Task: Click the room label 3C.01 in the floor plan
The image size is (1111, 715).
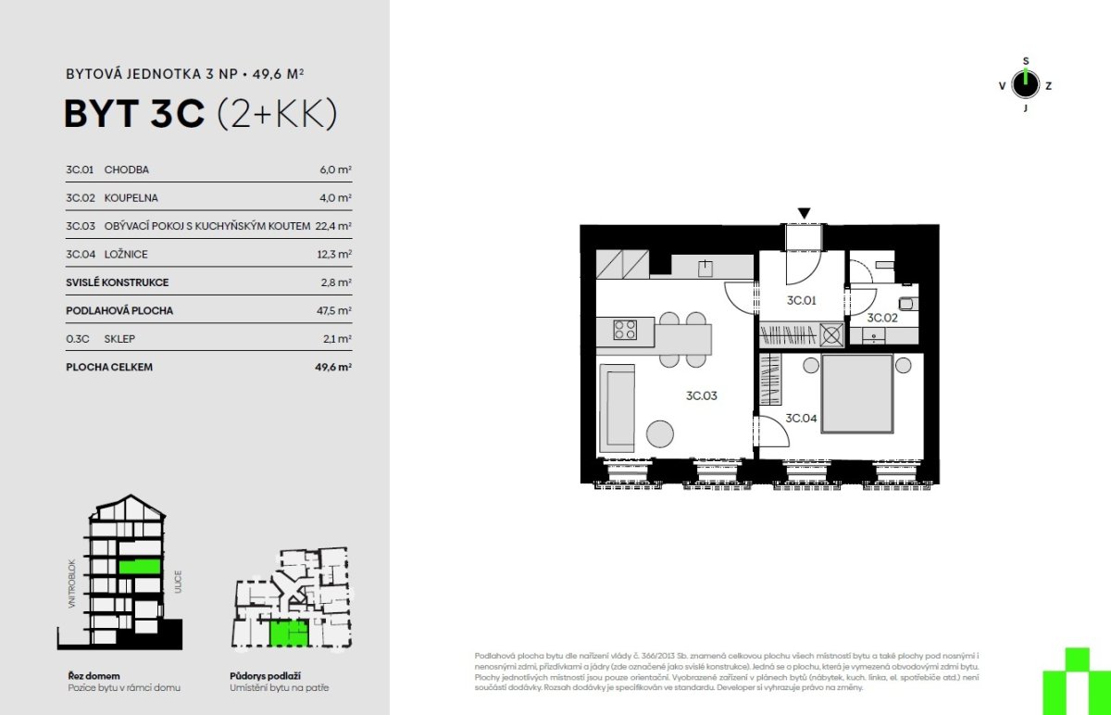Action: pyautogui.click(x=801, y=300)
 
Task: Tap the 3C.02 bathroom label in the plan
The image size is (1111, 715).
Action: pyautogui.click(x=881, y=318)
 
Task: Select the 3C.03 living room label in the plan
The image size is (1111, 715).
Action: pyautogui.click(x=702, y=395)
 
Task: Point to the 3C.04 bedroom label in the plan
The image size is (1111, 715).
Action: pyautogui.click(x=801, y=419)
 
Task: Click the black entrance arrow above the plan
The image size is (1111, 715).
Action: pyautogui.click(x=804, y=213)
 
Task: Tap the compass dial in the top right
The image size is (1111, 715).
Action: pyautogui.click(x=1025, y=84)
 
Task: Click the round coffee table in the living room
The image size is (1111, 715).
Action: pyautogui.click(x=659, y=434)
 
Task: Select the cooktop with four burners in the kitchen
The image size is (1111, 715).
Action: pyautogui.click(x=625, y=330)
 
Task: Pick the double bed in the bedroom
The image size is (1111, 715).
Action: pyautogui.click(x=857, y=394)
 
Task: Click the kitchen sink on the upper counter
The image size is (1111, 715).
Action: pyautogui.click(x=705, y=269)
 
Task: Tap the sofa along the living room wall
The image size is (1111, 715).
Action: pyautogui.click(x=617, y=408)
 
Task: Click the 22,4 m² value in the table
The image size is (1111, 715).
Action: pyautogui.click(x=333, y=226)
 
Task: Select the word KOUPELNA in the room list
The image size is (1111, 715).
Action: pyautogui.click(x=131, y=198)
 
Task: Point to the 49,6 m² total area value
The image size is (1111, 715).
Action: pyautogui.click(x=333, y=367)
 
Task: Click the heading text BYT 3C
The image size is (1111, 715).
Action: pyautogui.click(x=134, y=114)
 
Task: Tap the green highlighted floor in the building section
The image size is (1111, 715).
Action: pyautogui.click(x=140, y=566)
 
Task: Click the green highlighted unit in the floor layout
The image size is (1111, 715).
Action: pyautogui.click(x=289, y=633)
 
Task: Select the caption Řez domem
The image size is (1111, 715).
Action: pyautogui.click(x=94, y=676)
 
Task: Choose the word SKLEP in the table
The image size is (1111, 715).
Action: pyautogui.click(x=119, y=339)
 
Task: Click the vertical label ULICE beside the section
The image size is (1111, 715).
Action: pyautogui.click(x=178, y=582)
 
